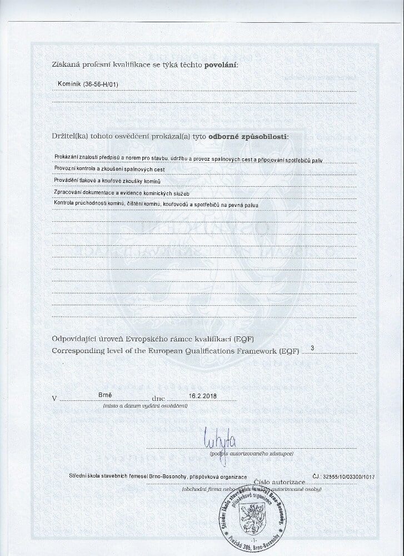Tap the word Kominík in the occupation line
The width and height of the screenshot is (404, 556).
click(x=69, y=84)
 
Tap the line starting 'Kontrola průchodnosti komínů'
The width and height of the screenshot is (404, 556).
click(x=156, y=205)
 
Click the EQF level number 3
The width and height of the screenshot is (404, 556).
click(x=313, y=348)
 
